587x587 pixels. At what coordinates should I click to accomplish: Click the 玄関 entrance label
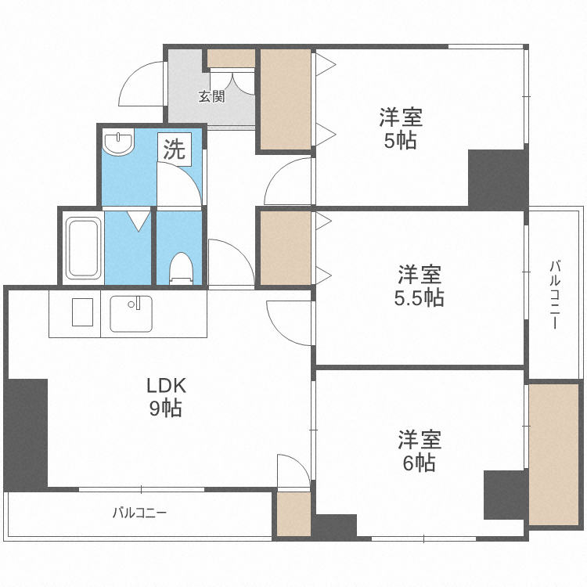[211, 96]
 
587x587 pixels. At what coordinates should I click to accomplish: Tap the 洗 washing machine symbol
[175, 149]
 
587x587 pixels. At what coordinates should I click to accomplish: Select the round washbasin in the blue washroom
[118, 142]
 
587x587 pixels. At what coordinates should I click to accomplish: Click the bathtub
[83, 248]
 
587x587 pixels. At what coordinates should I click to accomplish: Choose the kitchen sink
[131, 314]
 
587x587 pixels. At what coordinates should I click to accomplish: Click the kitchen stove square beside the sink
[82, 312]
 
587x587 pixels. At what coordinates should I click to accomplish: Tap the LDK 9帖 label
[166, 397]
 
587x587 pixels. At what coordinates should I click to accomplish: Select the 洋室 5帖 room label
[401, 128]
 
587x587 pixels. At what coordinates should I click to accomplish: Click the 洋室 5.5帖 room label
[420, 286]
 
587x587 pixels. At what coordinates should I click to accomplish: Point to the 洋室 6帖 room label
[420, 451]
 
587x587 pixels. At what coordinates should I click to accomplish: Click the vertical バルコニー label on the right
[555, 295]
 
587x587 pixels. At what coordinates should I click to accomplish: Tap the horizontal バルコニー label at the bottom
[139, 513]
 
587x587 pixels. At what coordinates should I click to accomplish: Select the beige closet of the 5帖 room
[286, 99]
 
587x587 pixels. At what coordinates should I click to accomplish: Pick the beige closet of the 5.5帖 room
[286, 247]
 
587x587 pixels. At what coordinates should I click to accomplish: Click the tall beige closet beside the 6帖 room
[553, 455]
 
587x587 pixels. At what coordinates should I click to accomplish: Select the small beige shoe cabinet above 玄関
[231, 58]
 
